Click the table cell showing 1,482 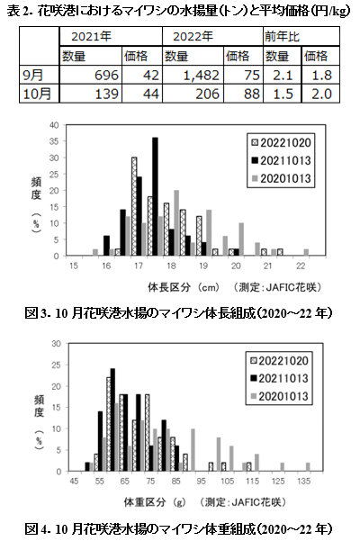tap(193, 75)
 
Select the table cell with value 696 tap(91, 75)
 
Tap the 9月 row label tap(40, 75)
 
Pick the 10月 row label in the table tap(40, 93)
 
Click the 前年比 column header tap(301, 36)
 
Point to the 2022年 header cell tap(212, 36)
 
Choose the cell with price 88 tap(243, 93)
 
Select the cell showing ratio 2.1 tap(282, 75)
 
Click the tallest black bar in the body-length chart tap(155, 196)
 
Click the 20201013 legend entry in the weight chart tap(279, 396)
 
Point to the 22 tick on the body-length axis tap(301, 266)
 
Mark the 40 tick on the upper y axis tap(55, 125)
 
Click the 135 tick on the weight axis tap(304, 482)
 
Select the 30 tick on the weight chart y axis tap(56, 344)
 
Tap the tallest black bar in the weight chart tap(112, 419)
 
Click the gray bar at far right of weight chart tap(308, 467)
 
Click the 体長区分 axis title tap(169, 287)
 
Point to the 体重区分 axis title tap(145, 502)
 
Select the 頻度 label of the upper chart tap(36, 189)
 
